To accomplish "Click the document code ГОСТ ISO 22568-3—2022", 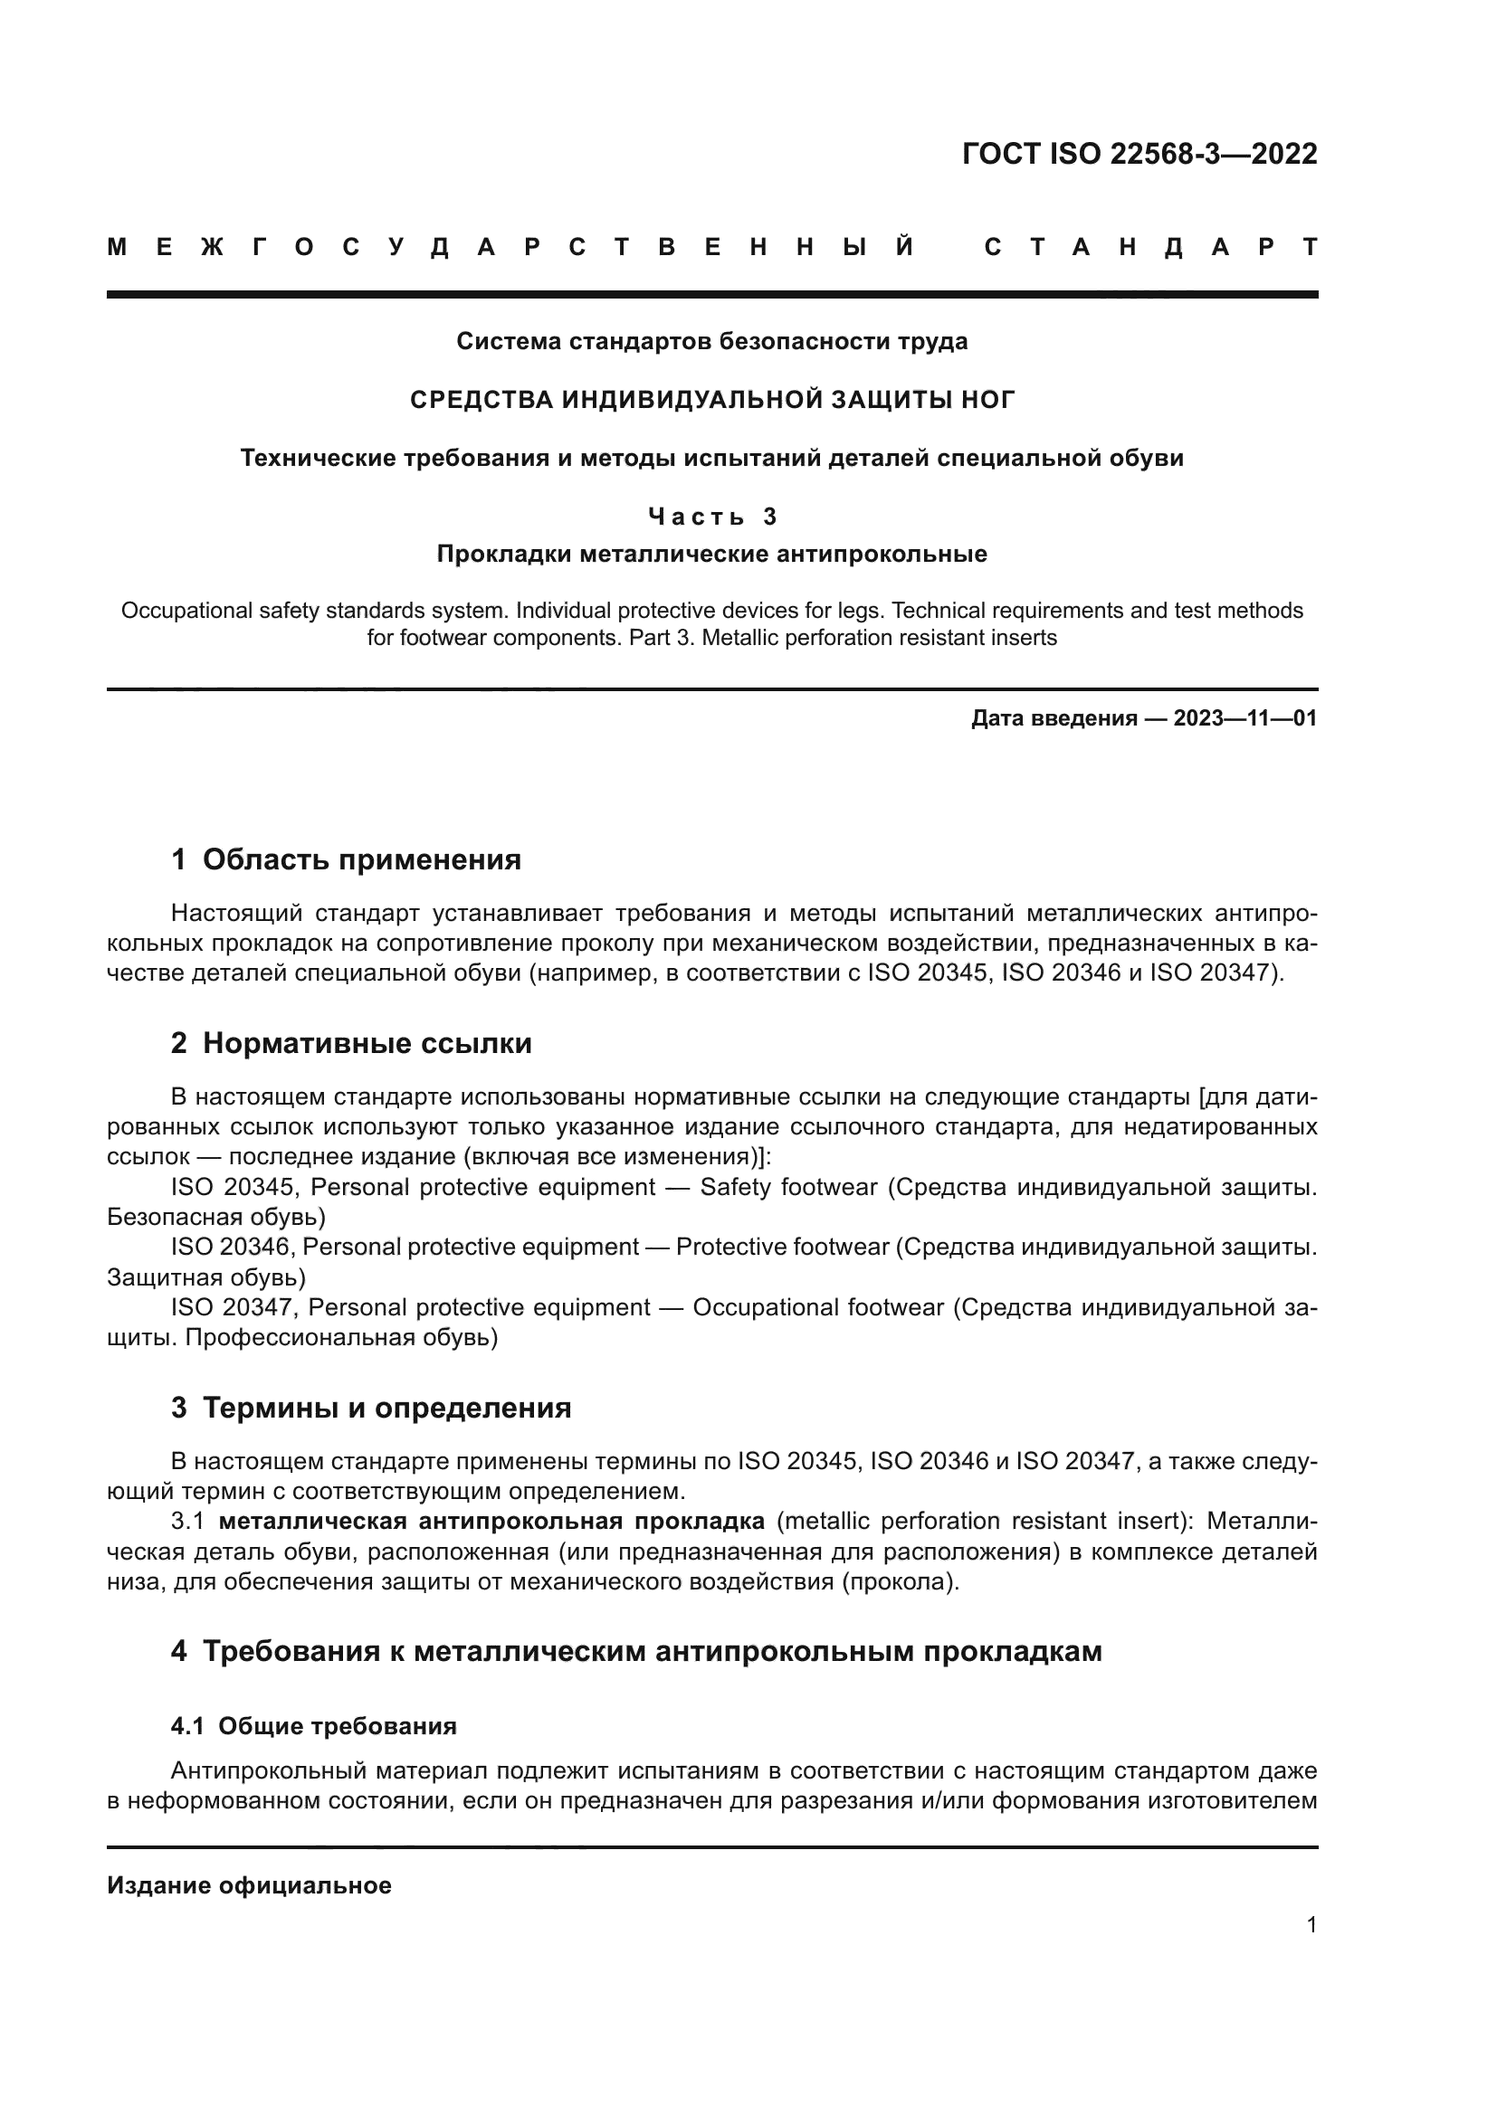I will pyautogui.click(x=1139, y=153).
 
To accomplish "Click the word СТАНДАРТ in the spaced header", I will pyautogui.click(x=1150, y=247).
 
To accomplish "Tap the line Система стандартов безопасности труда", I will pyautogui.click(x=711, y=342).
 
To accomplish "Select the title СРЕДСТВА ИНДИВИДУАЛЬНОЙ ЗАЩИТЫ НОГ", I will pyautogui.click(x=711, y=400).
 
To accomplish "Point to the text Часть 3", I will pyautogui.click(x=711, y=517).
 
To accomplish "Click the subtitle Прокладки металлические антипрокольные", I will pyautogui.click(x=711, y=555).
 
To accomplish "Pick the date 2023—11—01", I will pyautogui.click(x=1244, y=719).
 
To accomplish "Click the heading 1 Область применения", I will pyautogui.click(x=346, y=859).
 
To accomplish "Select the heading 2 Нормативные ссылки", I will pyautogui.click(x=351, y=1043).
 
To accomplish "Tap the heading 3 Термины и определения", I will pyautogui.click(x=370, y=1409).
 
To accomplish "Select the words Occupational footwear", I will pyautogui.click(x=817, y=1308).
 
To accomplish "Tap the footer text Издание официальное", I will pyautogui.click(x=249, y=1885).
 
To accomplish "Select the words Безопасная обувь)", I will pyautogui.click(x=215, y=1218).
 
